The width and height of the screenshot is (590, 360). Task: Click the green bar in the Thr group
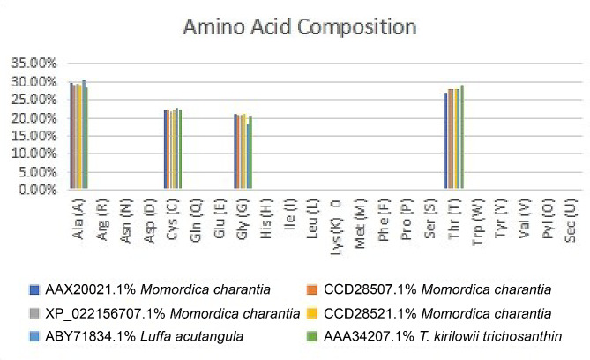(x=462, y=138)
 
